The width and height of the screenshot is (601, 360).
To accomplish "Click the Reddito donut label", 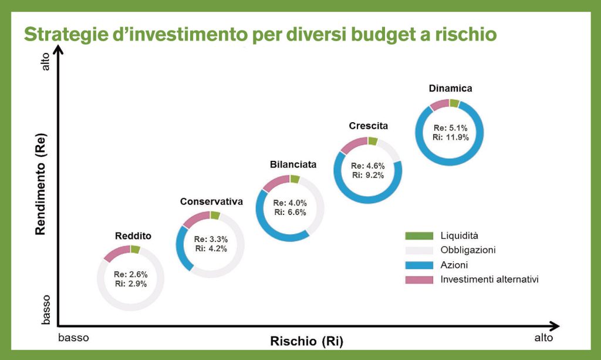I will point(133,236).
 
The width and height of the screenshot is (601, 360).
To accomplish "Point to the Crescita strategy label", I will point(368,126).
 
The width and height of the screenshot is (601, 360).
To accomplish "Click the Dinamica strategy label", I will point(450,89).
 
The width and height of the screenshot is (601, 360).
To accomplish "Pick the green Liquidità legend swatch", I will point(418,235).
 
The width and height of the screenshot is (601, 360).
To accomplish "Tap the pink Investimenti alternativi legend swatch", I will point(418,280).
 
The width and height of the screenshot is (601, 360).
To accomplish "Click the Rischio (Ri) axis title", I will point(306,341).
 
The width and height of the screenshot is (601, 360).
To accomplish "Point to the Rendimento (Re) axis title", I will point(40,185).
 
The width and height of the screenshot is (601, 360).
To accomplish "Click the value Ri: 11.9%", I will point(449,137).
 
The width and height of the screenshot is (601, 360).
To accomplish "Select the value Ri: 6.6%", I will point(289,212).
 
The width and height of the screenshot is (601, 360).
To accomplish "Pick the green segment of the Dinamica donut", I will point(454,103).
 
